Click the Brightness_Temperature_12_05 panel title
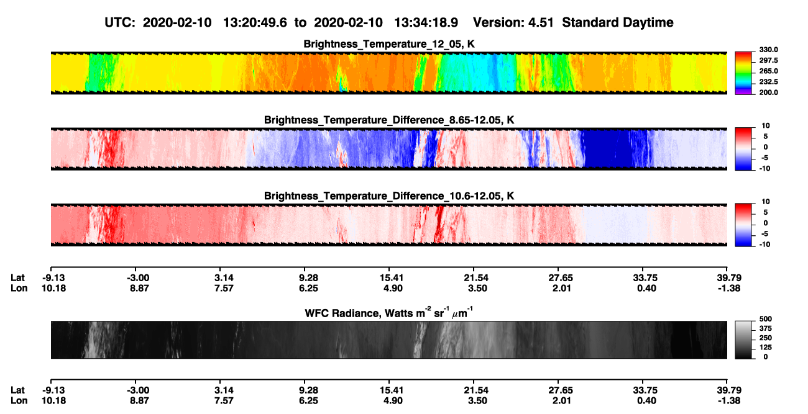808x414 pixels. (389, 44)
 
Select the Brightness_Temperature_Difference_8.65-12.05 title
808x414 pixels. (389, 120)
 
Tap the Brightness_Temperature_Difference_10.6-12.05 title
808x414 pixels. (389, 196)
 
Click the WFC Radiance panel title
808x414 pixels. (389, 313)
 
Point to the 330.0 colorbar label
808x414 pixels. (768, 50)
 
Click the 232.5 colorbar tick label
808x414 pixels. (768, 82)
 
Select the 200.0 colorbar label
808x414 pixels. (768, 92)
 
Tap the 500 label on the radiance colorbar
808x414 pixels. (766, 319)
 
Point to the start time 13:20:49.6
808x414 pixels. (255, 22)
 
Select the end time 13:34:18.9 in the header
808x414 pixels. (426, 22)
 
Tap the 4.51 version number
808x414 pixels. (541, 22)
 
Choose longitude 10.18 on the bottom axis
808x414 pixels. (53, 400)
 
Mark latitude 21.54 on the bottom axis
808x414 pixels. (476, 390)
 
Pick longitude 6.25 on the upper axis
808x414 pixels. (308, 288)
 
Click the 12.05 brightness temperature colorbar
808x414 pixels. (743, 73)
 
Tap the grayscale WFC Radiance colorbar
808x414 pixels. (743, 340)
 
